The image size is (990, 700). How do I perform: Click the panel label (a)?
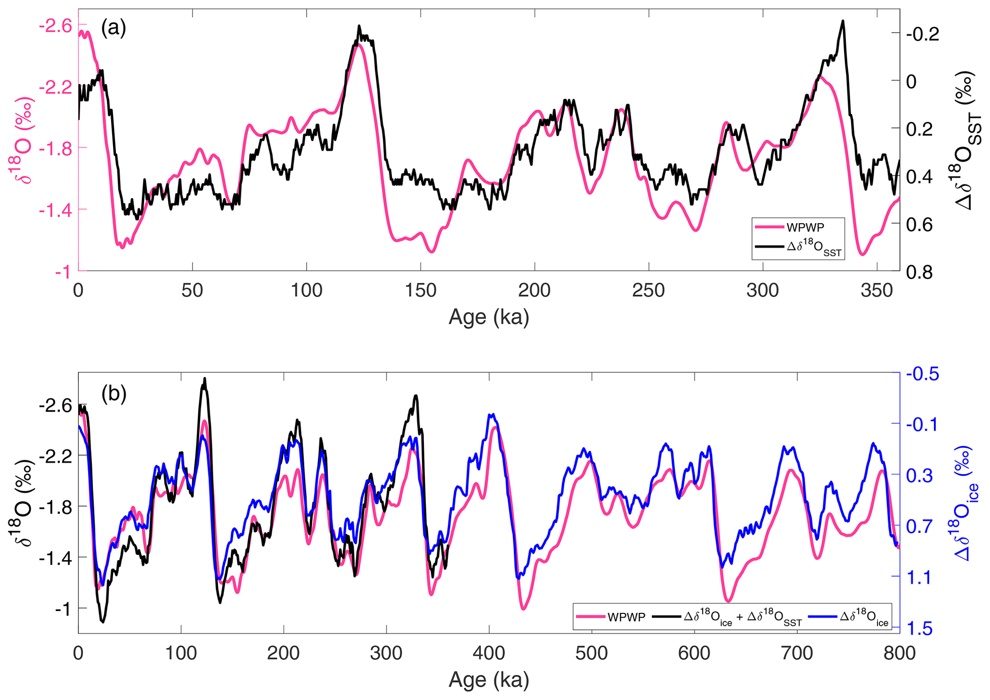114,28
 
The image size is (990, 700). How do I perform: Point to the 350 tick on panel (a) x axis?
876,290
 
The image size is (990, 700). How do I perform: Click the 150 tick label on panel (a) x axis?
420,290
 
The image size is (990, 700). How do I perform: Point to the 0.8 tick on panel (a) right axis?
919,272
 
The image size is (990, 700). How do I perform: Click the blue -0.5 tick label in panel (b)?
919,374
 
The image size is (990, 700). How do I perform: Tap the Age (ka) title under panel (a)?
489,317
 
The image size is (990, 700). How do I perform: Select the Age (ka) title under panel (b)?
489,679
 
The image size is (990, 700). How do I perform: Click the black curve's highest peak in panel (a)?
842,22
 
